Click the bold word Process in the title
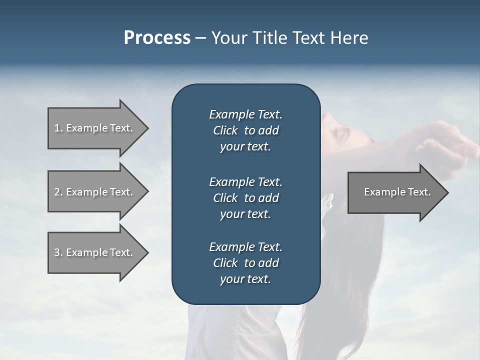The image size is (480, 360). (157, 38)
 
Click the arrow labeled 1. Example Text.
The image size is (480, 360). (95, 128)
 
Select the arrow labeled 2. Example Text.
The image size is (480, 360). (95, 192)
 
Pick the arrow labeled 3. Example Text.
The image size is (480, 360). (95, 252)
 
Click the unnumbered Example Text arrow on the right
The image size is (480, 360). (397, 192)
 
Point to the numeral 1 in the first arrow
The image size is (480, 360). (56, 128)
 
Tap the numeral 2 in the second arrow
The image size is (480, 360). (57, 192)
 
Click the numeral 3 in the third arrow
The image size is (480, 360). (57, 252)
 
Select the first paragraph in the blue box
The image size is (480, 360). (245, 130)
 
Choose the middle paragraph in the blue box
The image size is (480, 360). (245, 197)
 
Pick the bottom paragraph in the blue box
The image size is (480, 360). (245, 263)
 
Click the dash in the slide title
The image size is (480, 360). (201, 38)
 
